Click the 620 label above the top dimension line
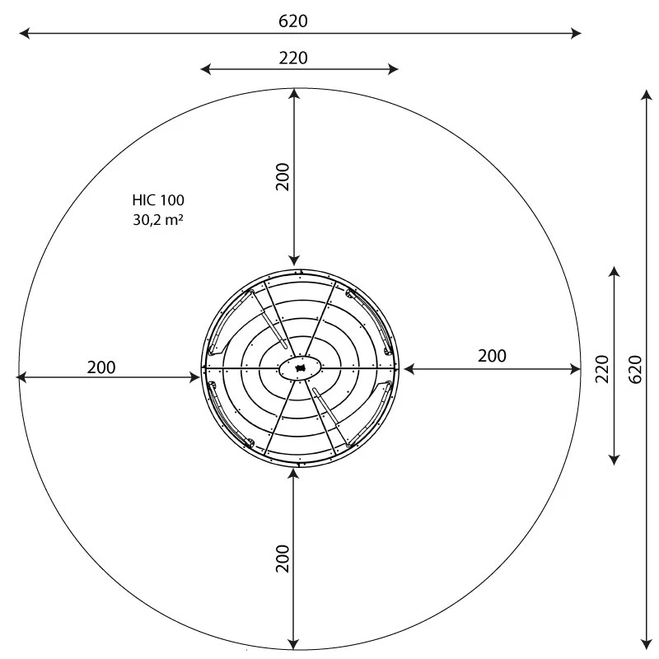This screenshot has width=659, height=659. point(292,21)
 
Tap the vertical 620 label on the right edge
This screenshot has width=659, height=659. point(634,368)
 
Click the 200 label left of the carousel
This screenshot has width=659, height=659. point(101,367)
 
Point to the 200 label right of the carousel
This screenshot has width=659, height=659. point(492,356)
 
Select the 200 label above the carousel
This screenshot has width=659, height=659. point(283,176)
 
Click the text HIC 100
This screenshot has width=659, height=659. point(158,200)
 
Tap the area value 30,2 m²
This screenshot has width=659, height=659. point(158,219)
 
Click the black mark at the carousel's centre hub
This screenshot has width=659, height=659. point(301,368)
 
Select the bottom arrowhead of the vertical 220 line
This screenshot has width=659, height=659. point(613,459)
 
